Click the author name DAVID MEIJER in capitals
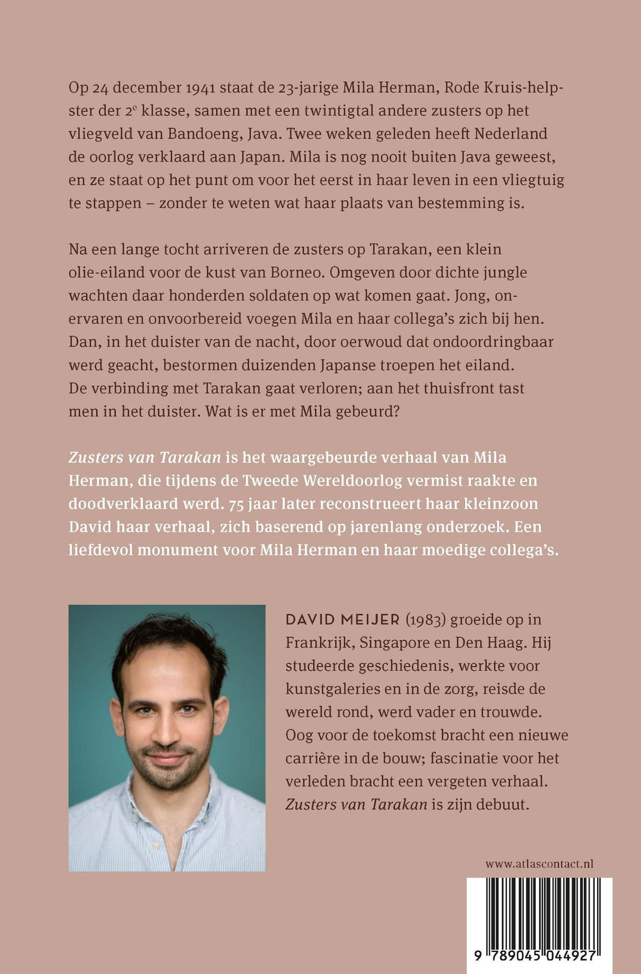point(342,620)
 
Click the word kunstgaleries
point(332,690)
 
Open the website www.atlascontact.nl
point(539,864)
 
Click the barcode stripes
point(540,911)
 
